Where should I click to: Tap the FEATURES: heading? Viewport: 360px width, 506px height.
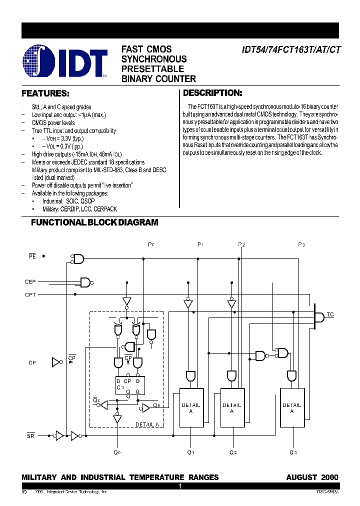[45, 93]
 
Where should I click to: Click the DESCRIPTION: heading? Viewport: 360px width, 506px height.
[212, 93]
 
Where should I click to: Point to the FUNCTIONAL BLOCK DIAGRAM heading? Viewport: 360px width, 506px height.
[94, 222]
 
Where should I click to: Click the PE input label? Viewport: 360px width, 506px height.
[32, 256]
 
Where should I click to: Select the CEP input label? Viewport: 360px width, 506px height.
[30, 282]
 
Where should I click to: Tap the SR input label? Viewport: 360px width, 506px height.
[31, 435]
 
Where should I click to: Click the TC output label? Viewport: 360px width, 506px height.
[330, 314]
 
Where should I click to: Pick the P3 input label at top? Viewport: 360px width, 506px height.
[301, 244]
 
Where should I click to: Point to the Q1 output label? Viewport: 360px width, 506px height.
[190, 452]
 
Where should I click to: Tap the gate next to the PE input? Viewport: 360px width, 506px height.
[78, 258]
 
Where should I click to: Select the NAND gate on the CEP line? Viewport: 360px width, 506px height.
[86, 282]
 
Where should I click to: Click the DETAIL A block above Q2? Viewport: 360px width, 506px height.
[231, 407]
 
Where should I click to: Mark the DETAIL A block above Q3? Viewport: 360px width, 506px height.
[291, 407]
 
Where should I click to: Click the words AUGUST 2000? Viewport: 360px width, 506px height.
[312, 477]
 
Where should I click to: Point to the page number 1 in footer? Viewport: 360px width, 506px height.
[180, 486]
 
